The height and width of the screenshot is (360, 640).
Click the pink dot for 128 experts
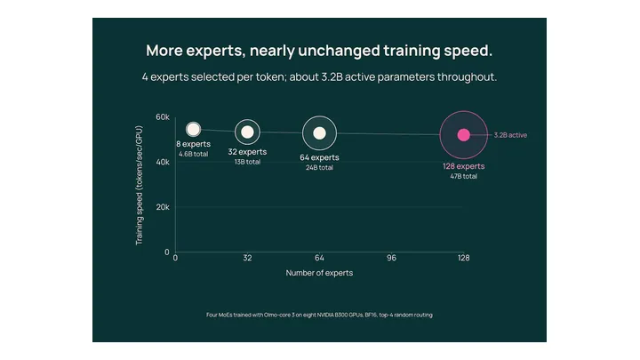click(463, 135)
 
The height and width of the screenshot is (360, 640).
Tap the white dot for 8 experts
click(193, 130)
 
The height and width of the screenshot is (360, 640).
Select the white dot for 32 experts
click(247, 132)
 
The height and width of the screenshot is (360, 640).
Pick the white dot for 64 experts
click(319, 133)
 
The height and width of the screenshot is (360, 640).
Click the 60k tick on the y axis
click(163, 117)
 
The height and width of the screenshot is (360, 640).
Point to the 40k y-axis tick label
click(163, 162)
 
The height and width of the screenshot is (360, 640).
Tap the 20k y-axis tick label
click(163, 207)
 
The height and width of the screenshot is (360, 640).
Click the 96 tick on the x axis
click(391, 258)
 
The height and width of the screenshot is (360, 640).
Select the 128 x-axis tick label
click(463, 258)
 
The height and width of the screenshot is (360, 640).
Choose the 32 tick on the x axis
click(247, 258)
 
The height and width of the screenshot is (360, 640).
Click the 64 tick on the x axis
click(319, 258)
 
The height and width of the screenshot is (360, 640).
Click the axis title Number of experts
click(319, 273)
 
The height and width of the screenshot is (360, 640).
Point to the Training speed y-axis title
click(140, 185)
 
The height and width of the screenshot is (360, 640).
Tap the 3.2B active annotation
click(510, 135)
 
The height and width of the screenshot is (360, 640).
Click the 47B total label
click(464, 176)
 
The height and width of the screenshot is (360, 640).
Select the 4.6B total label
click(194, 154)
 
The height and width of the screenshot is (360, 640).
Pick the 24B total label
click(319, 167)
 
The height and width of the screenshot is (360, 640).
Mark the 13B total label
click(247, 162)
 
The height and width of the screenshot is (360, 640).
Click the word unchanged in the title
click(340, 51)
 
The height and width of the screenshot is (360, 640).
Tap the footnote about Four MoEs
click(319, 315)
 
